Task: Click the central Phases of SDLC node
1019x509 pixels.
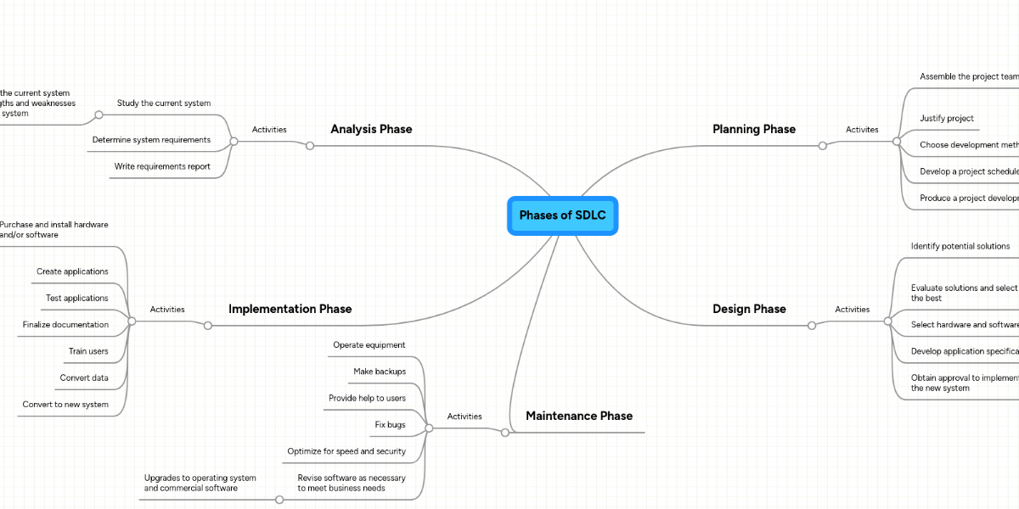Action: click(x=562, y=215)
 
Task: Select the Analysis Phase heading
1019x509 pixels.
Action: click(x=371, y=129)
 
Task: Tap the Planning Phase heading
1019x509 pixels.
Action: click(x=753, y=129)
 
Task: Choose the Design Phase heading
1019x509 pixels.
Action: click(x=748, y=309)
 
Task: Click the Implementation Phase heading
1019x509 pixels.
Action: click(x=290, y=309)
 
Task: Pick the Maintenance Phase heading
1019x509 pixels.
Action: click(x=578, y=416)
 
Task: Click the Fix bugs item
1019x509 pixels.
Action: click(x=390, y=424)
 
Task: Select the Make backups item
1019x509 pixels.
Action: click(x=379, y=372)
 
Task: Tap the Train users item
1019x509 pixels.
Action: click(x=88, y=351)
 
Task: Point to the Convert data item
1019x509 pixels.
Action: click(x=83, y=378)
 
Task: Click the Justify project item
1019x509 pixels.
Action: click(x=946, y=119)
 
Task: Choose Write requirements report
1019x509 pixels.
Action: click(x=162, y=166)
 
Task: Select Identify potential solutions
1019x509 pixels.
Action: click(x=960, y=246)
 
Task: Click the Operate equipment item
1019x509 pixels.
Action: click(x=369, y=345)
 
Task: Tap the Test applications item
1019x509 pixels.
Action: click(x=76, y=299)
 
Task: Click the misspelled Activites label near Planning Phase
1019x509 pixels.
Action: click(x=862, y=130)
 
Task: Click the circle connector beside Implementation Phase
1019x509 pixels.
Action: click(x=207, y=325)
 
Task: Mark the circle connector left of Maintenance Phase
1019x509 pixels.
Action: click(x=504, y=433)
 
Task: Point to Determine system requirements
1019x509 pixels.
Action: click(x=151, y=140)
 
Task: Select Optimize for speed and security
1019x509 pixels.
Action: click(x=346, y=451)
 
